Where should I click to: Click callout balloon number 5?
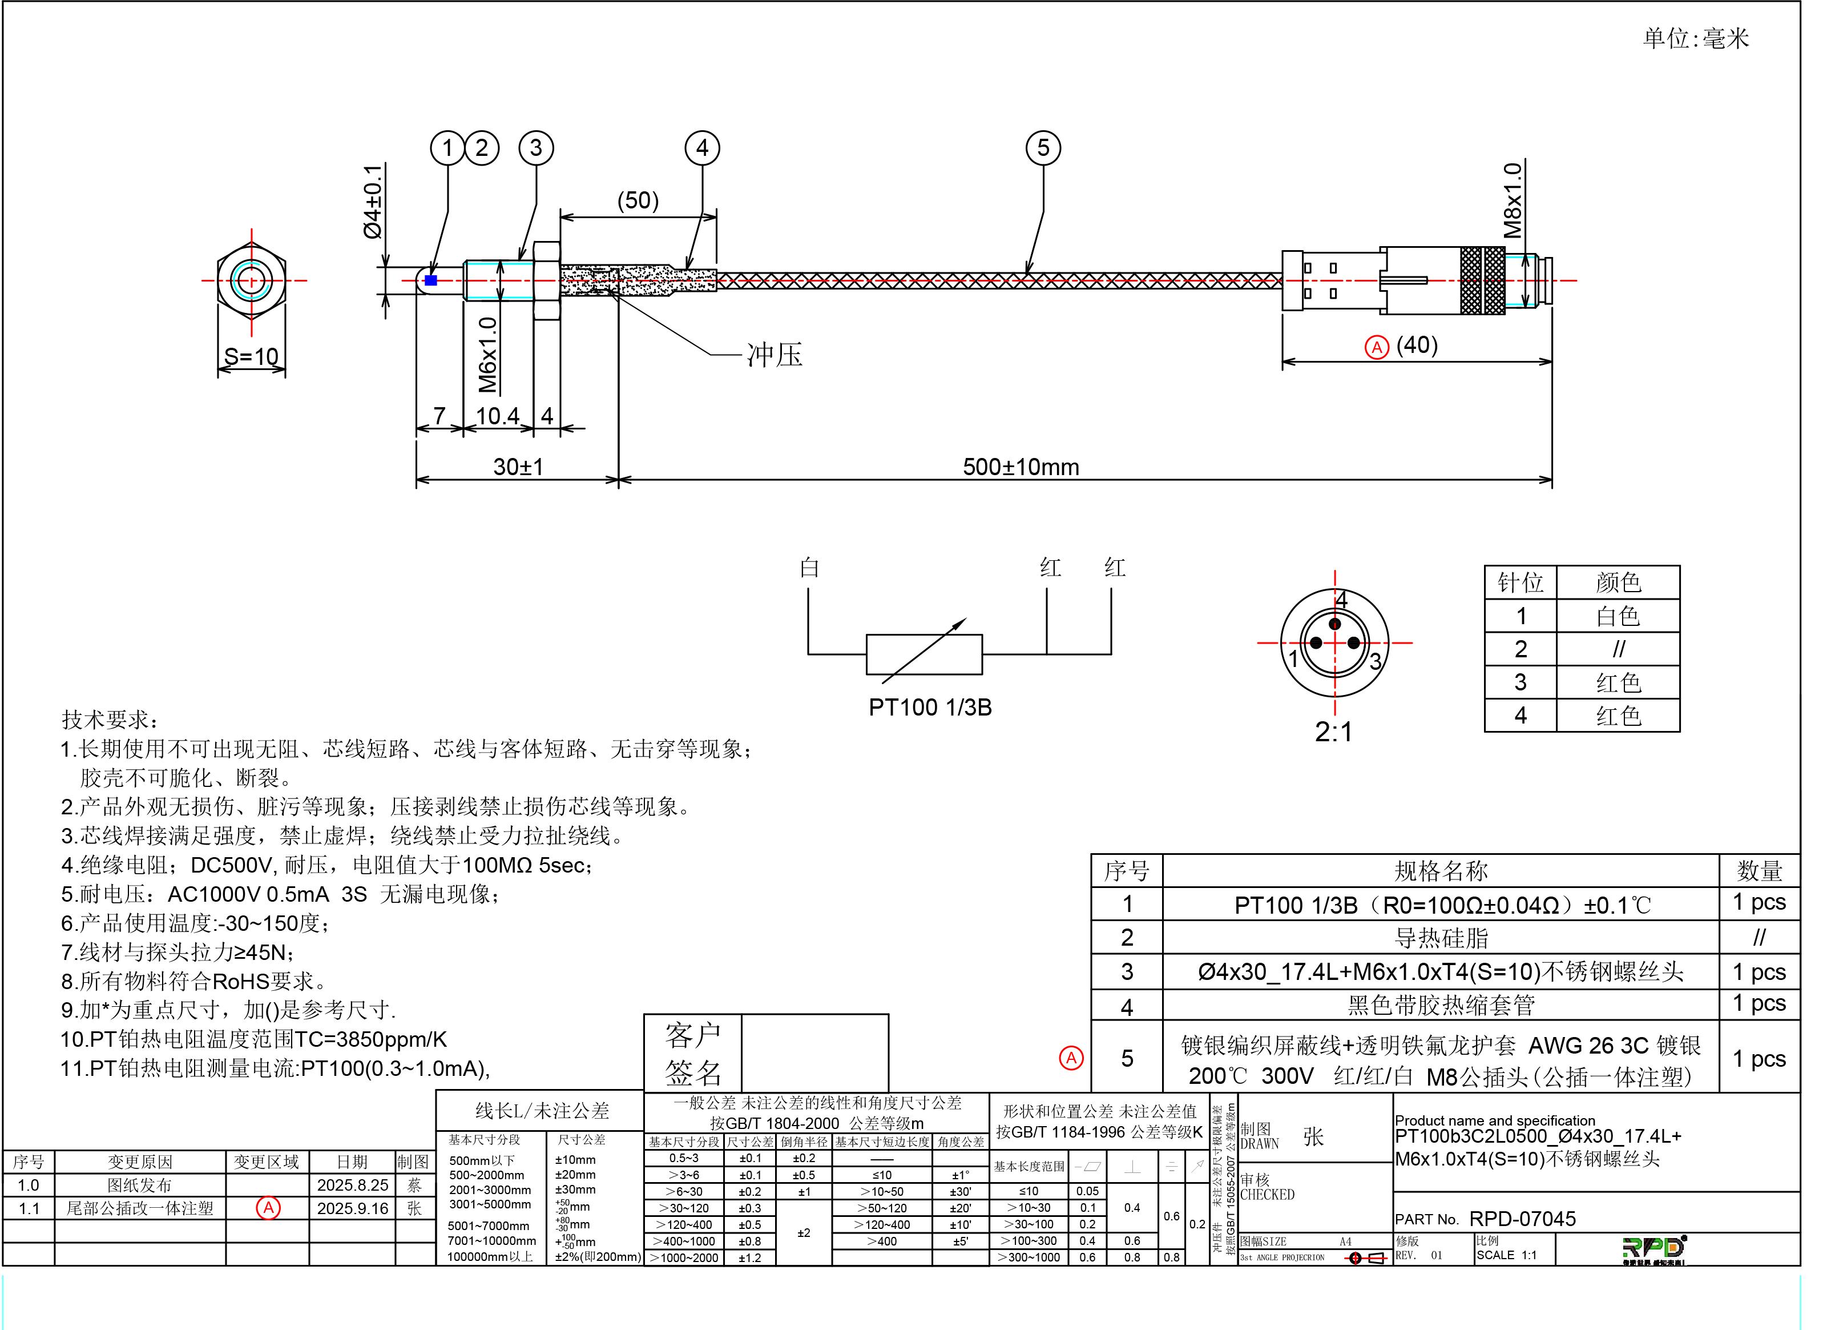click(x=1042, y=148)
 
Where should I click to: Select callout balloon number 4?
click(x=701, y=148)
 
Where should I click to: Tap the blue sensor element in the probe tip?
click(x=431, y=280)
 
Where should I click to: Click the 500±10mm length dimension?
click(x=1021, y=467)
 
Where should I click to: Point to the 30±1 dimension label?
click(x=518, y=467)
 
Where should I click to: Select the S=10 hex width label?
click(x=251, y=356)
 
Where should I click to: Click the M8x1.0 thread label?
click(x=1511, y=200)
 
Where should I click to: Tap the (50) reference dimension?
click(x=638, y=200)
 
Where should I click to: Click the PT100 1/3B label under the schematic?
click(x=930, y=708)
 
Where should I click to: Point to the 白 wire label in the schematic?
click(x=809, y=568)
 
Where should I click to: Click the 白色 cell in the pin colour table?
click(x=1618, y=616)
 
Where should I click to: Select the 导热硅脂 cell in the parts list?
click(x=1440, y=938)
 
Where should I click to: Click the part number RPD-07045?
click(x=1522, y=1219)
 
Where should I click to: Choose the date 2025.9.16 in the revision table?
click(x=352, y=1208)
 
